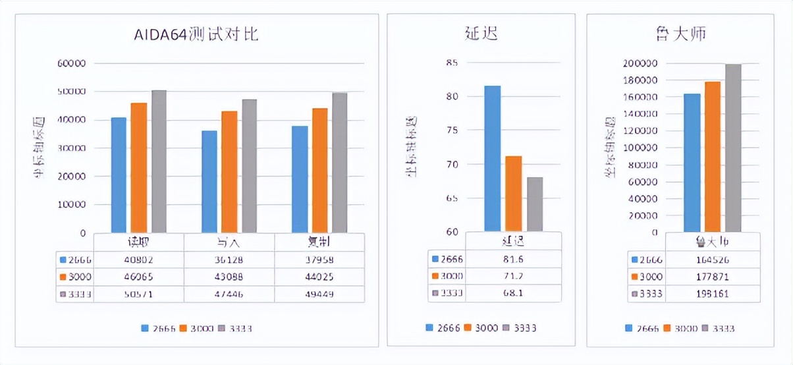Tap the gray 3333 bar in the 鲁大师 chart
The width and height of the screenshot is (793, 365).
click(x=733, y=148)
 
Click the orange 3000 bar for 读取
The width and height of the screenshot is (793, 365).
click(x=139, y=167)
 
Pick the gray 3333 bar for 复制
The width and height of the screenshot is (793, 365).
click(x=339, y=163)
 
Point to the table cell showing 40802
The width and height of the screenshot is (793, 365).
click(x=139, y=260)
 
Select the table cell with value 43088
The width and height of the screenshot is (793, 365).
click(x=229, y=277)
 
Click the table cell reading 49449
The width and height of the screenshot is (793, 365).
click(x=319, y=294)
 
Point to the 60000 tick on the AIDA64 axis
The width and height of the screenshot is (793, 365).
click(x=72, y=64)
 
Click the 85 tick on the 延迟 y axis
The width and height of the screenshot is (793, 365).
click(x=451, y=63)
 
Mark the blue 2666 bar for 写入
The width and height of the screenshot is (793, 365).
click(x=209, y=181)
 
